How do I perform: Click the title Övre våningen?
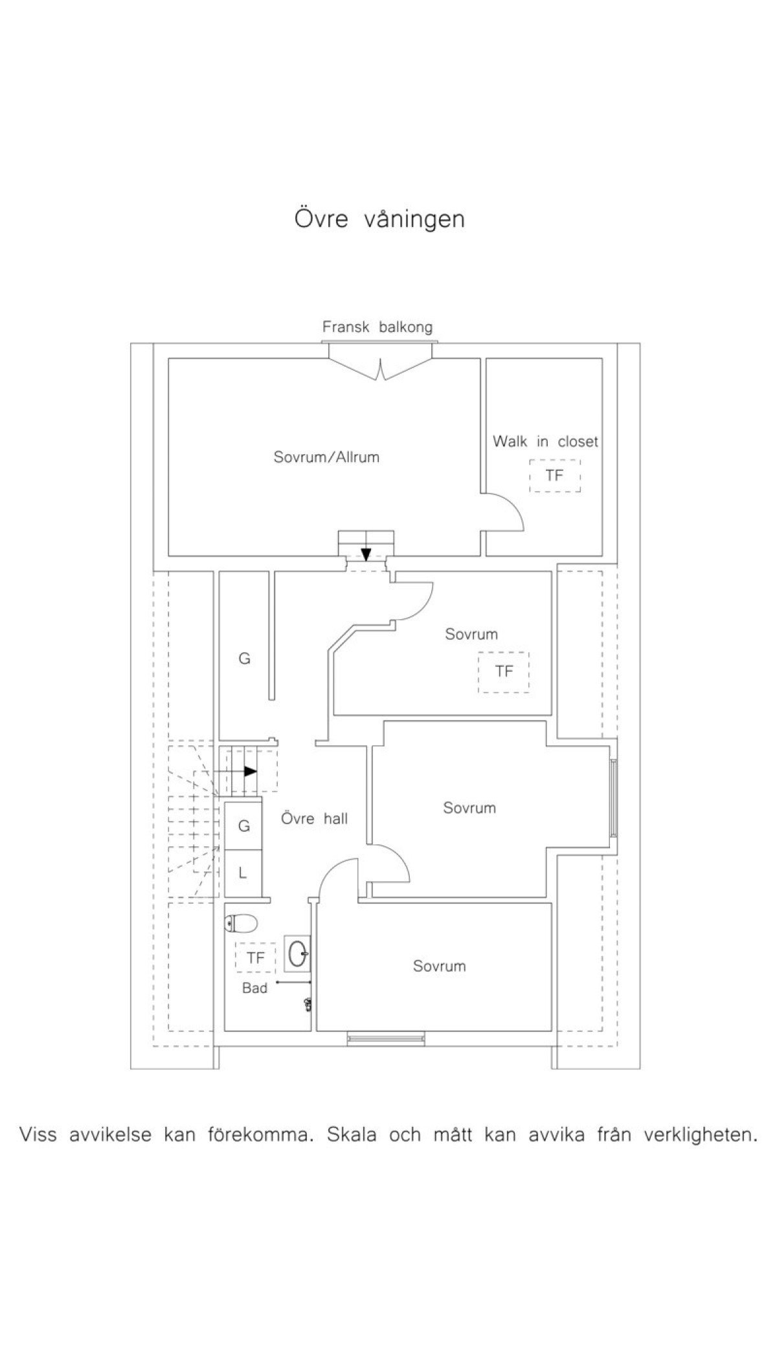tap(379, 219)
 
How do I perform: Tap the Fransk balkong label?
tap(377, 327)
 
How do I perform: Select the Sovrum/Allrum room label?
tap(326, 457)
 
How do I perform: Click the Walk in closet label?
tap(545, 442)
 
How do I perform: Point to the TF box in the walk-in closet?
tap(555, 476)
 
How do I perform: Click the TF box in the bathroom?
tap(256, 958)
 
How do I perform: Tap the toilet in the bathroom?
tap(242, 924)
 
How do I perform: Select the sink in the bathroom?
tap(298, 954)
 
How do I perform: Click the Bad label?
tap(254, 988)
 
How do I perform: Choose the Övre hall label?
tap(315, 819)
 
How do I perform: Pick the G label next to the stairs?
tap(244, 826)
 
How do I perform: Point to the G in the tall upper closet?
tap(245, 659)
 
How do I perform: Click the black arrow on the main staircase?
tap(250, 771)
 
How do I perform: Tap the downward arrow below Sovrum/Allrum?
tap(366, 554)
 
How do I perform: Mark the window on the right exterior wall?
tap(613, 798)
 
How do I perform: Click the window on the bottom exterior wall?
tap(386, 1039)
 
